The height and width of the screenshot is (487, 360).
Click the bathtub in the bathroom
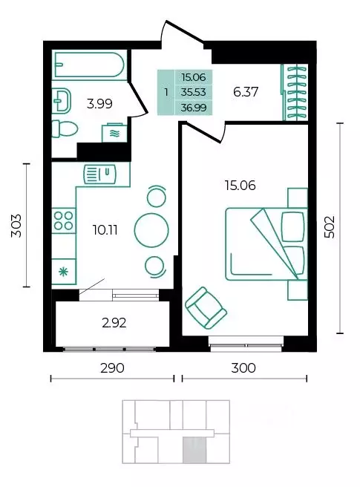[x=90, y=65]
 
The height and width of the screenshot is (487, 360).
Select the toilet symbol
[x=65, y=128]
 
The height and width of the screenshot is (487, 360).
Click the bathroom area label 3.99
[x=99, y=104]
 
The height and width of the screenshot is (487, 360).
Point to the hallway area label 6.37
[x=246, y=92]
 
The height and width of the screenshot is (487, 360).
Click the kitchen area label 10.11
[x=105, y=230]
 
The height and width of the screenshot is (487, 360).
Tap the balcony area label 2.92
[x=114, y=323]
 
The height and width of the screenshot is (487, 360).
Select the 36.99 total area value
[x=194, y=108]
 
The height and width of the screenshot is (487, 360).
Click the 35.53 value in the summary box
[x=194, y=92]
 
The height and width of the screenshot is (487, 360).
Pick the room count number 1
[x=166, y=92]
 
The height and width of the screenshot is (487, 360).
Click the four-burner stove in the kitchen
[x=64, y=220]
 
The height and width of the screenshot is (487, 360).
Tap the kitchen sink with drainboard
[x=99, y=174]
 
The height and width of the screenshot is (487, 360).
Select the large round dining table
[x=151, y=230]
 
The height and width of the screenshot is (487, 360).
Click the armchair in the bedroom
[x=206, y=308]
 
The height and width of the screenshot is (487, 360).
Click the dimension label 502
[x=330, y=227]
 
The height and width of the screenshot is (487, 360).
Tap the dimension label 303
[x=16, y=226]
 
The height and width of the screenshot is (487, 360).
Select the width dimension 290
[x=112, y=368]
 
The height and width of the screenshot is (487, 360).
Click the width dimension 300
[x=243, y=368]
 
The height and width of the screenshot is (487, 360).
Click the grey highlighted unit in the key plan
[x=194, y=450]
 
